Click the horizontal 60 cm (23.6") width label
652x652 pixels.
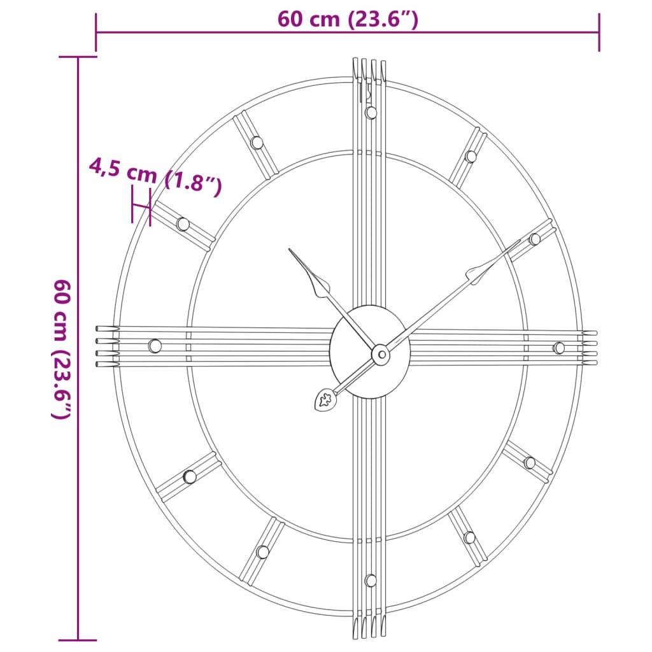(348, 20)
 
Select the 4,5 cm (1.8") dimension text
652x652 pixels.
(155, 177)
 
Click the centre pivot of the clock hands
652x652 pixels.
(380, 353)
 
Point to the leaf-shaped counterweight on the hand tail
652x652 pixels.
(325, 400)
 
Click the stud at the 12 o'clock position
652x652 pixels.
(371, 113)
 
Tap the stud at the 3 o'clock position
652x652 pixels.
(558, 348)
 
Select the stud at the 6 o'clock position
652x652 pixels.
(371, 580)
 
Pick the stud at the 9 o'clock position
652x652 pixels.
(155, 346)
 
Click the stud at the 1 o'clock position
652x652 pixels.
(471, 157)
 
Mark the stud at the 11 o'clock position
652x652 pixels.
(257, 143)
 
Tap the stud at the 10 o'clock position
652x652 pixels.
(183, 224)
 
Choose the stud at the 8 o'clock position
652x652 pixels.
(190, 476)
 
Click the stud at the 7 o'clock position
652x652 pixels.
(262, 552)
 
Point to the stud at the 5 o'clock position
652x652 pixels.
(469, 537)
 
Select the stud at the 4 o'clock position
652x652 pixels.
(530, 463)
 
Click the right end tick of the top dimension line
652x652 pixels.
(599, 32)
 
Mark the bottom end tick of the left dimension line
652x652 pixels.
(78, 639)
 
